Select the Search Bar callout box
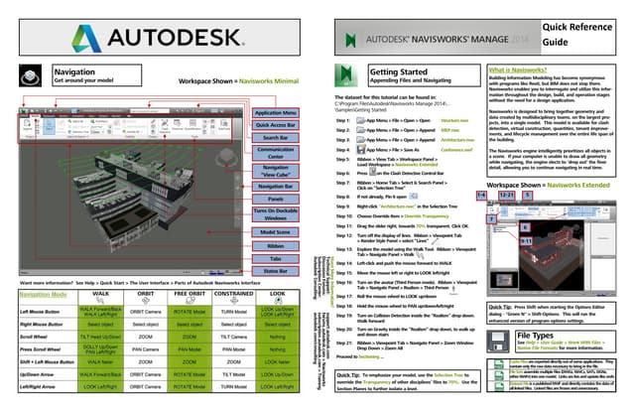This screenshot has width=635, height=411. click(275, 138)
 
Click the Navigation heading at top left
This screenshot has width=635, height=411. click(75, 73)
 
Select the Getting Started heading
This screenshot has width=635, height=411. click(399, 72)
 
